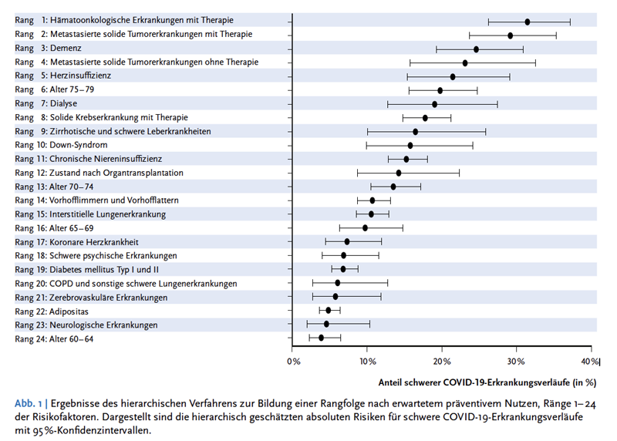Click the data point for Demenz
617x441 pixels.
pos(476,49)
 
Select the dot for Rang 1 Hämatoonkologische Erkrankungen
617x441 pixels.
pos(528,22)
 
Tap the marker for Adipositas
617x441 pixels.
pos(329,311)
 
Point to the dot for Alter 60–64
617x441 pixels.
pos(321,338)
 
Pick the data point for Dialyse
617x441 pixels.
pos(434,104)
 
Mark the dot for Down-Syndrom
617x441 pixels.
pos(410,146)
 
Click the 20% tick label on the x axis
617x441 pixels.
pos(442,362)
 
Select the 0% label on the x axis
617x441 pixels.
pos(294,362)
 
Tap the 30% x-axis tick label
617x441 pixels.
pos(516,362)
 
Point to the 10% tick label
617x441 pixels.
pos(368,362)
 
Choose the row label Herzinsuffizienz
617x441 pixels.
pos(81,76)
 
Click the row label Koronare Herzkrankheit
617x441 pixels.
pos(94,242)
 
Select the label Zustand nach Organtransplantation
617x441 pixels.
pos(116,173)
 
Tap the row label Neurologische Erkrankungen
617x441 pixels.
pos(103,325)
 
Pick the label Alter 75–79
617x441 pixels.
pos(72,89)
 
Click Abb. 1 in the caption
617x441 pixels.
pos(29,404)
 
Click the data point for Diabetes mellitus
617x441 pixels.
pos(342,269)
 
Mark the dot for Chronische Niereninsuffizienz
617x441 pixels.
pos(406,159)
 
